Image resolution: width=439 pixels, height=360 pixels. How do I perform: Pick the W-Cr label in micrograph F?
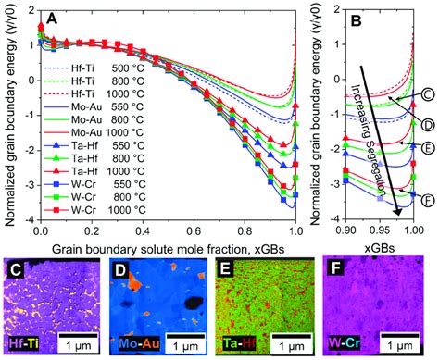tap(351, 344)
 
